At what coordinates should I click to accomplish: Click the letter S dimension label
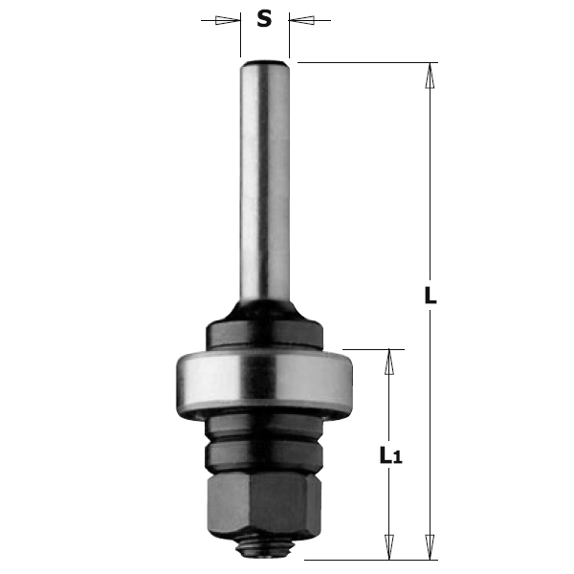point(265,19)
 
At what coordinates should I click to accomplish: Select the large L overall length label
point(430,296)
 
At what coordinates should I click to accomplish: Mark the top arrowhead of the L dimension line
point(430,71)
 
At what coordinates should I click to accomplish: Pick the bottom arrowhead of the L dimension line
point(430,550)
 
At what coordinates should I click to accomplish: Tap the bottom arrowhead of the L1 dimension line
point(389,550)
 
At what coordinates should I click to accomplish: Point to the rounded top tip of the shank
point(264,64)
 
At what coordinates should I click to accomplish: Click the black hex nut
point(264,502)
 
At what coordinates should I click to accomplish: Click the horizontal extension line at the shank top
point(364,62)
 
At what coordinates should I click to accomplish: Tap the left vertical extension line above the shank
point(240,38)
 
